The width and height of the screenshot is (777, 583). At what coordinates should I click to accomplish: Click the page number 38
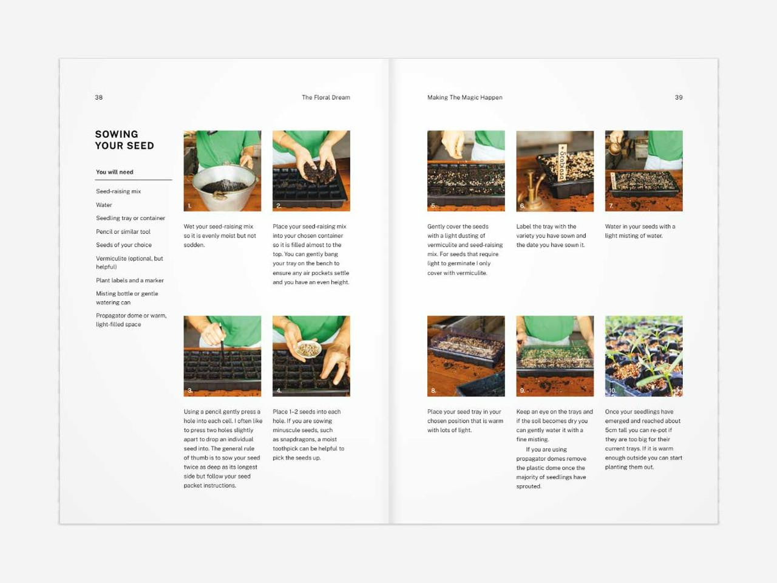(x=99, y=97)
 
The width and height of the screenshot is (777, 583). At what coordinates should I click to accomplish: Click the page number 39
(x=679, y=97)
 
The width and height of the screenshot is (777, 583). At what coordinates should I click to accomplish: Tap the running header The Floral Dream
(x=325, y=97)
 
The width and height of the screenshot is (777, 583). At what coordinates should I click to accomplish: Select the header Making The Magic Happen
(x=464, y=97)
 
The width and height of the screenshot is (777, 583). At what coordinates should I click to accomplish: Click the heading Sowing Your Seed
(x=124, y=140)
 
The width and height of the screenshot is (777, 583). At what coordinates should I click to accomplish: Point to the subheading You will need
(x=114, y=172)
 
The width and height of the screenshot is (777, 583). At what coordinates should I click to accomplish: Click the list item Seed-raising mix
(x=118, y=191)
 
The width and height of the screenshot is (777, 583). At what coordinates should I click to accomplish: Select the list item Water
(x=104, y=205)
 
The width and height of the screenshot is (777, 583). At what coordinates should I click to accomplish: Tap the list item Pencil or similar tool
(x=123, y=231)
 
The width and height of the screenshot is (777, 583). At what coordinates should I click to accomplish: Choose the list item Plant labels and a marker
(x=129, y=281)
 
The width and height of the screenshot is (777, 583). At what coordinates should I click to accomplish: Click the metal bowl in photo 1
(x=222, y=187)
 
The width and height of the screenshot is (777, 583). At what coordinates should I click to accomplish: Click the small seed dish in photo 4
(x=308, y=349)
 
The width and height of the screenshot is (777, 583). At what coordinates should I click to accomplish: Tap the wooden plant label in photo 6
(x=562, y=162)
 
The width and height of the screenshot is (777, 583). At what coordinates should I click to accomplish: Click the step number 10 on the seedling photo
(x=612, y=390)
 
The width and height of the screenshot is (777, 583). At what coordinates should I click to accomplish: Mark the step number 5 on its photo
(x=433, y=206)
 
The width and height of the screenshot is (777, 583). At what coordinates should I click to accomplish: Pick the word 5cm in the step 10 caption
(x=611, y=430)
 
